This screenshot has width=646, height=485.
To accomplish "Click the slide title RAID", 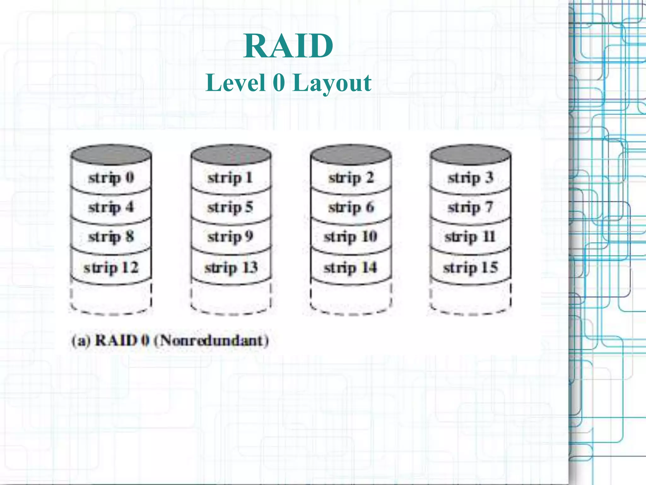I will point(288,46).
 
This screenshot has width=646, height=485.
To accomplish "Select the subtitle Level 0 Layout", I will point(288,83).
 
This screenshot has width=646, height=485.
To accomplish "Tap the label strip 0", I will point(111,178).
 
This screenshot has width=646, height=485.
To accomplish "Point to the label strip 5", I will point(230,207).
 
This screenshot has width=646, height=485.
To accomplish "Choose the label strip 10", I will point(350,237).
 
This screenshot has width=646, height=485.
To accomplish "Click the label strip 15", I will point(470,268).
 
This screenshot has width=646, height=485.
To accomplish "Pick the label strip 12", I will point(111,268).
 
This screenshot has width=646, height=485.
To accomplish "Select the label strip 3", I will point(470,178).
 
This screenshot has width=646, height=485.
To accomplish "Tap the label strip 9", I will point(230,237).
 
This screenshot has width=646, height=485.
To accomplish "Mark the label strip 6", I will point(351,207).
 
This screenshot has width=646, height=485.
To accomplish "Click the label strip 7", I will point(470,207).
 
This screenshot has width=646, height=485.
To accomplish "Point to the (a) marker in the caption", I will point(81,341).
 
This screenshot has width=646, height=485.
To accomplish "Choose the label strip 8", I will point(111,237).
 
